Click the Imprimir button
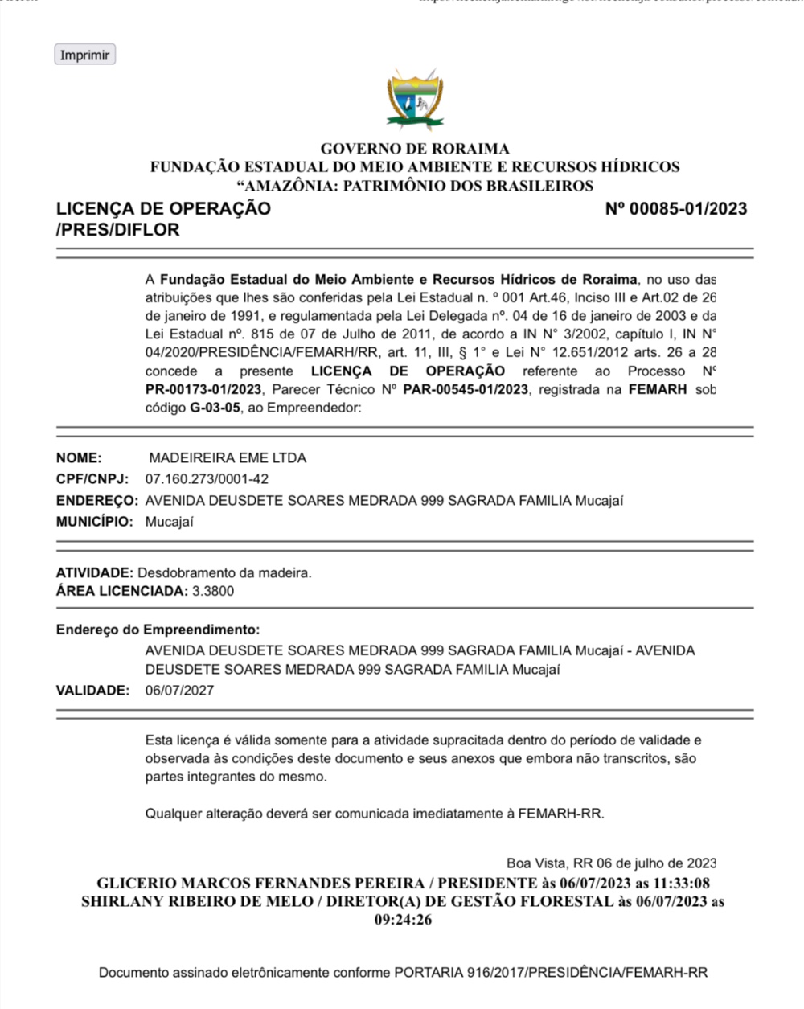point(84,55)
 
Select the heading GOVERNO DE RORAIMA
point(415,149)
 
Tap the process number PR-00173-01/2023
point(203,389)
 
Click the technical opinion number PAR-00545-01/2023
point(466,389)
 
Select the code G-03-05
point(215,408)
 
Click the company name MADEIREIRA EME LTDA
point(228,458)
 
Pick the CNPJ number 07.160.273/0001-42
point(207,479)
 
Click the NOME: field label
point(79,458)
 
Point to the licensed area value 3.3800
point(213,591)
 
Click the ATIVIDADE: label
point(95,573)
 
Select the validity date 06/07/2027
point(179,691)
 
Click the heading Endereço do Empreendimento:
point(158,630)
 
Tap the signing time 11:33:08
point(680,883)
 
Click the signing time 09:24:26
point(403,920)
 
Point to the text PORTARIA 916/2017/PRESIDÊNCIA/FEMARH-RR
point(551,973)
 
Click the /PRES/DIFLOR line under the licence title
point(117,230)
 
